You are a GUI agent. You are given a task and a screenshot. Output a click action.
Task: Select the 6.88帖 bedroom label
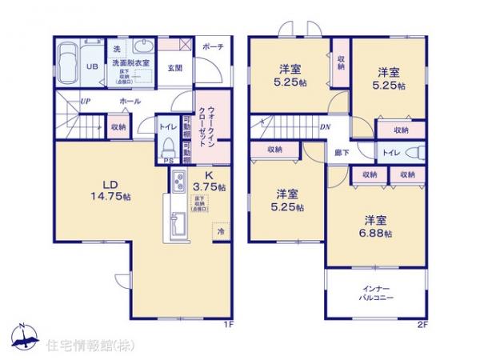[x=373, y=226]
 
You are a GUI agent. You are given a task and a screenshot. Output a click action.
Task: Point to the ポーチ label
[x=213, y=46]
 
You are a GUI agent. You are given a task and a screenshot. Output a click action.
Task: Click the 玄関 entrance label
[x=175, y=67]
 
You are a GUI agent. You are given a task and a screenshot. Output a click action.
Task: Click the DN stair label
[x=326, y=126]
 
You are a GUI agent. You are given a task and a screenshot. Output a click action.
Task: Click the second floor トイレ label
[x=391, y=152]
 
